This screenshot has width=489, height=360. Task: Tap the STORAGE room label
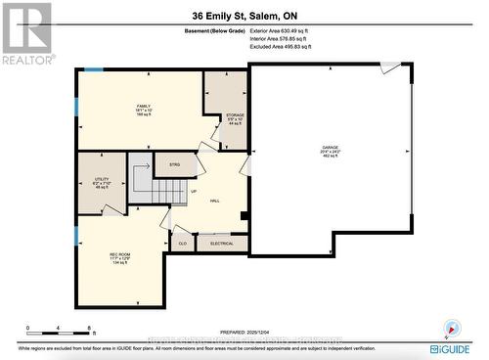pos(221,115)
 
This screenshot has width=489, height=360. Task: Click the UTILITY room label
pos(101,180)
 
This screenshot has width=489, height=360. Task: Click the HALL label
pos(214,200)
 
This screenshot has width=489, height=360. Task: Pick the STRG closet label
pos(174,164)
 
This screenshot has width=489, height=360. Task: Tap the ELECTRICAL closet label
pos(222,243)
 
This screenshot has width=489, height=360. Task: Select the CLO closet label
pos(182,243)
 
